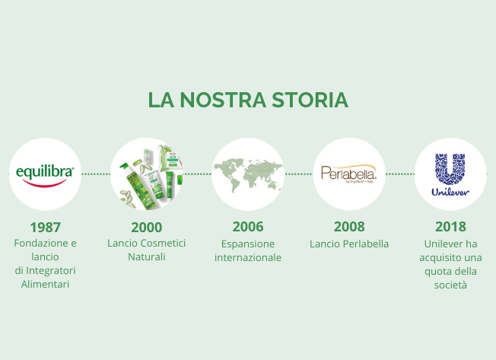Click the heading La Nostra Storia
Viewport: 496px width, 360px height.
[x=248, y=100]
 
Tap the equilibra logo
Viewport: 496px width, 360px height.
[x=45, y=174]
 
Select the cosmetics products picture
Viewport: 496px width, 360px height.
[x=147, y=174]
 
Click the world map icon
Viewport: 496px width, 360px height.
[x=248, y=174]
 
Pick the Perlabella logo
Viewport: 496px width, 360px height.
[x=349, y=174]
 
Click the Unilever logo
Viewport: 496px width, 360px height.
[x=450, y=174]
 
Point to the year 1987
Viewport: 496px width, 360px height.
[x=45, y=227]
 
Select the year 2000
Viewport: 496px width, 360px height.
[x=147, y=227]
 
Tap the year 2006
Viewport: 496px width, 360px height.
[x=248, y=227]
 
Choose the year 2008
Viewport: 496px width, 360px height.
[x=349, y=227]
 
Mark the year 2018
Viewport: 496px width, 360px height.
[x=450, y=227]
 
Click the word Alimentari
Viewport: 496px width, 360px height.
[x=45, y=285]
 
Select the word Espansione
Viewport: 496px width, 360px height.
[x=248, y=244]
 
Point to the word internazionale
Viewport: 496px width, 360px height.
[x=248, y=257]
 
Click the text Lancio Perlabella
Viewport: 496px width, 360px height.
[x=349, y=244]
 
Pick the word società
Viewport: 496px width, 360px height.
[x=450, y=285]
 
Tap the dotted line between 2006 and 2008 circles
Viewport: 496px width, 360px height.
[x=298, y=174]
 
